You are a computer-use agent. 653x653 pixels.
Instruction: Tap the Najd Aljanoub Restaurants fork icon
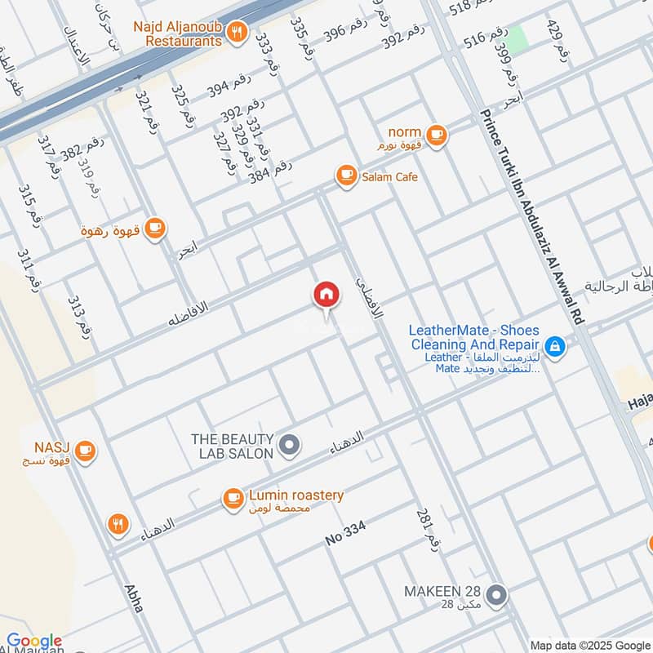(x=237, y=33)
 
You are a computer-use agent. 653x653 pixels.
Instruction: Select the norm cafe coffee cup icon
(x=437, y=135)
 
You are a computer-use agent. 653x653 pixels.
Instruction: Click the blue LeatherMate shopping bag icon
(x=554, y=348)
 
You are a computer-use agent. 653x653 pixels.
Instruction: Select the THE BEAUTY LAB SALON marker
(x=289, y=445)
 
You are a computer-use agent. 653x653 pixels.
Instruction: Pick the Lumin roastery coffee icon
(x=233, y=497)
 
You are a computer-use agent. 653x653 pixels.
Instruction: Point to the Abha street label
(x=135, y=597)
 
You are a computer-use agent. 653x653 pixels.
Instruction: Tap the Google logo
(x=34, y=641)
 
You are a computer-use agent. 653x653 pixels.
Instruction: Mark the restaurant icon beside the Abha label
(x=119, y=524)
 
